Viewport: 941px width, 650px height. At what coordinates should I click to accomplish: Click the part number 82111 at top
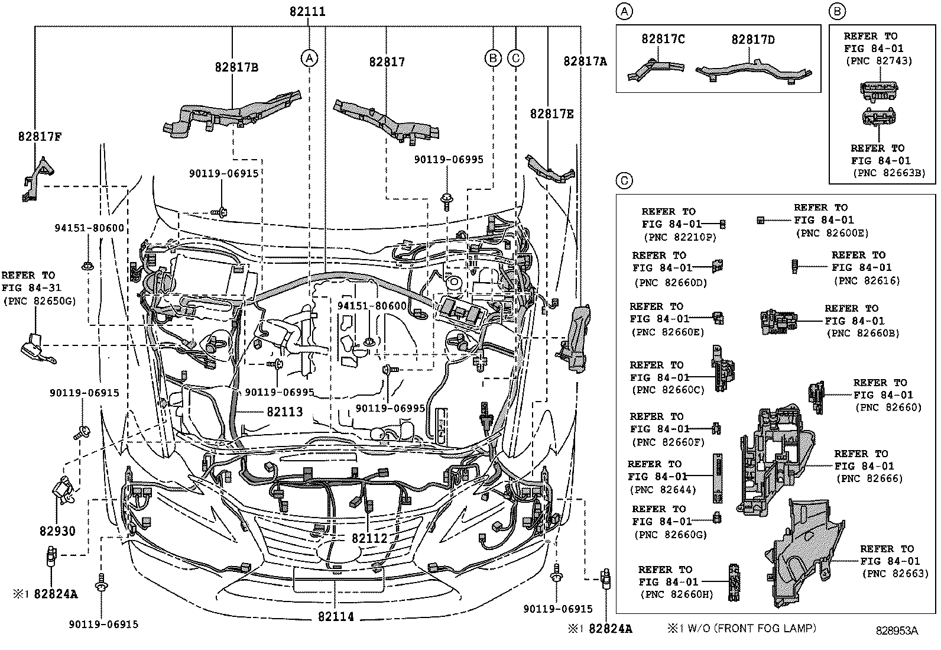(307, 12)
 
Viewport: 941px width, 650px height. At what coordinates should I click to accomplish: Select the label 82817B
(236, 67)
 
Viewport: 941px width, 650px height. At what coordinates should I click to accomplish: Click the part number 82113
(284, 412)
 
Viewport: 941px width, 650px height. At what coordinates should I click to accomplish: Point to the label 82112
(369, 538)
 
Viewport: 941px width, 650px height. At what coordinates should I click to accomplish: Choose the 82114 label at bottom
(336, 617)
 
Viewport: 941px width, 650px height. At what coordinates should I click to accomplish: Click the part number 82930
(58, 531)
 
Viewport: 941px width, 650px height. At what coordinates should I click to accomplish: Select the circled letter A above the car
(309, 58)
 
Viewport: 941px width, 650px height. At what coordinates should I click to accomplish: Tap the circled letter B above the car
(492, 58)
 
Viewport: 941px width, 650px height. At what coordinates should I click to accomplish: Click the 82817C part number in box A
(663, 39)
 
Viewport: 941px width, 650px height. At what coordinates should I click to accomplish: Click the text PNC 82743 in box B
(879, 60)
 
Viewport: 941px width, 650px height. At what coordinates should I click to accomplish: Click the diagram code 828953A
(897, 631)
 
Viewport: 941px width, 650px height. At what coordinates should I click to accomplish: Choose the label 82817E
(551, 114)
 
